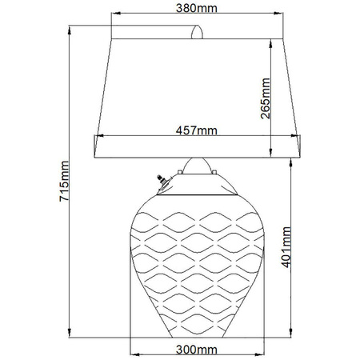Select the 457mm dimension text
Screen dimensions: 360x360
point(196,130)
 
